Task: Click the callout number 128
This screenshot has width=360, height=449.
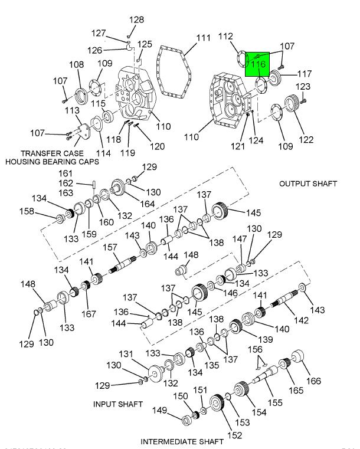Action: click(x=136, y=20)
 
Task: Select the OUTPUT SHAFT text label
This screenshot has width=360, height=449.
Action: click(x=308, y=183)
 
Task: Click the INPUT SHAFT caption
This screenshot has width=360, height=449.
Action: click(x=118, y=404)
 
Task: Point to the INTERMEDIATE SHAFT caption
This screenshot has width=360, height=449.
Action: click(x=182, y=441)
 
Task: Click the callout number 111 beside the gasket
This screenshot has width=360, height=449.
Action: click(x=203, y=38)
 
